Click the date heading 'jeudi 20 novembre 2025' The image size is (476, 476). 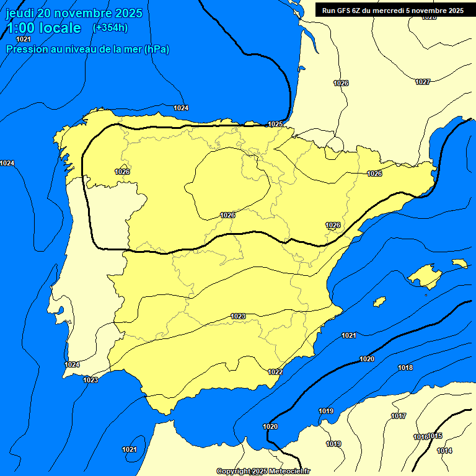point(74,13)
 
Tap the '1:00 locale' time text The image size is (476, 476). point(43,28)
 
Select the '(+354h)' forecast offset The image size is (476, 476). point(110,28)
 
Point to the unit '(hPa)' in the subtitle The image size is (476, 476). point(157,49)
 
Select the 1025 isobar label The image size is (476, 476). point(275,124)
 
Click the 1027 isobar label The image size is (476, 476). point(423,82)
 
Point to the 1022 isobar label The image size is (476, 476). point(275,372)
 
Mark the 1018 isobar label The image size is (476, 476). point(405,368)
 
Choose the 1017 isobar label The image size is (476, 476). point(399,416)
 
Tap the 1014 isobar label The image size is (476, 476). point(444,451)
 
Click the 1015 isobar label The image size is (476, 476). point(436,436)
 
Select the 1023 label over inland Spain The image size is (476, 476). point(238,316)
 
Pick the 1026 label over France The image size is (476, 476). point(341,83)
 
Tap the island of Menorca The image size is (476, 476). point(460,263)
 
